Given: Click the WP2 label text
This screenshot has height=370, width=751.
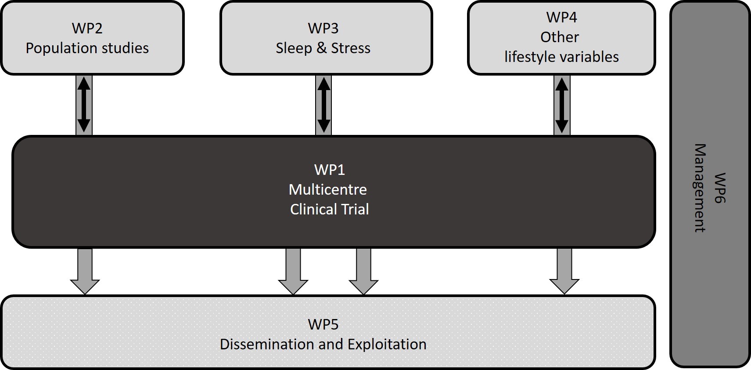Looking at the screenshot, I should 87,28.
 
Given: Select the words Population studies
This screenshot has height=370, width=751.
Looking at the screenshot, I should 87,48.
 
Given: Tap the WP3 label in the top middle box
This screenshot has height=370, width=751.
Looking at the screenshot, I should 323,28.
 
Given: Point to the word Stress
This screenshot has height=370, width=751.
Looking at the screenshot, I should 350,48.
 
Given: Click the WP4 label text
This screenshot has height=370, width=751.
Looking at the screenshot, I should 561,17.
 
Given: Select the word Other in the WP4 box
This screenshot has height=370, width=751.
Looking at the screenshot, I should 560,37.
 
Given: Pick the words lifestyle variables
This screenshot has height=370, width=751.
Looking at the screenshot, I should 561,57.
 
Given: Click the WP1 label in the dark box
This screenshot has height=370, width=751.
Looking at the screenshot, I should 329,170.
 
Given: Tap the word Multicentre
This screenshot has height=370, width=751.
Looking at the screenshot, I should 327,189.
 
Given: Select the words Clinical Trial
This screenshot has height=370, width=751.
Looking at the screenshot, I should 329,209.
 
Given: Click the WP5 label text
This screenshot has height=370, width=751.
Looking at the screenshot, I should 323,324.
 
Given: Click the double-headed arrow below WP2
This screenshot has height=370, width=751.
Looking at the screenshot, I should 84,105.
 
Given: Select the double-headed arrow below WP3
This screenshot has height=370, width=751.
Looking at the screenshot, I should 323,105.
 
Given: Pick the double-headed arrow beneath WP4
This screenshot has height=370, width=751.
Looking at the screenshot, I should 562,105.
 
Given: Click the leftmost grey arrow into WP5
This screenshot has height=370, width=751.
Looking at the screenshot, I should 85,270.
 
